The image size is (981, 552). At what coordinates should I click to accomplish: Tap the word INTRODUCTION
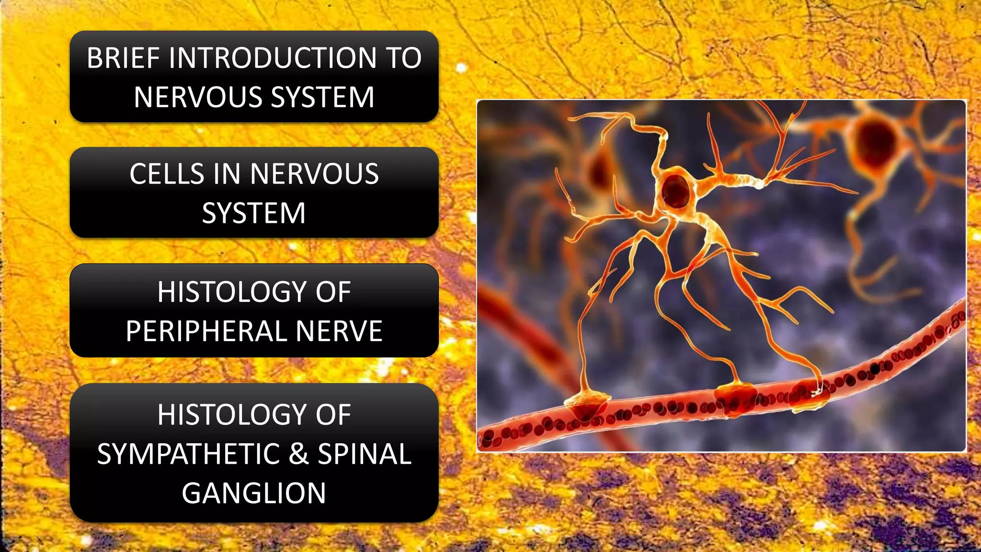coord(273,58)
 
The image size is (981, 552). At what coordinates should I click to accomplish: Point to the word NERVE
coord(339,331)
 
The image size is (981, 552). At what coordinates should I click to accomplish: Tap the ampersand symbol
coord(298,454)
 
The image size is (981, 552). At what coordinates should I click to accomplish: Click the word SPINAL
coord(365,454)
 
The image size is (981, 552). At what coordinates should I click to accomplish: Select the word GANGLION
coord(254,494)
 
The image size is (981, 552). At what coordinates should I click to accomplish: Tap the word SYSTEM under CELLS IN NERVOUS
coord(254,213)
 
